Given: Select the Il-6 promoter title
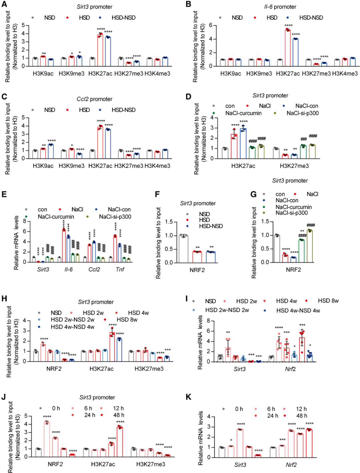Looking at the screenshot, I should tap(280, 7).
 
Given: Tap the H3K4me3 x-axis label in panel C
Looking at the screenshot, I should tap(157, 166).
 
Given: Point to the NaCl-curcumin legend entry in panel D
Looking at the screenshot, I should tap(243, 113).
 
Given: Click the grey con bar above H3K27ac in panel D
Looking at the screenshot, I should tap(225, 153).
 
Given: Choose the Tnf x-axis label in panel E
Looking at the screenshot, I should tap(120, 269).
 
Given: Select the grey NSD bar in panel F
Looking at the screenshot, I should tap(183, 249).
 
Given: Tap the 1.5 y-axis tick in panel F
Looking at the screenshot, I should tap(169, 222).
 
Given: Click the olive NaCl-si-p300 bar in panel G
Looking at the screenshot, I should tap(310, 246).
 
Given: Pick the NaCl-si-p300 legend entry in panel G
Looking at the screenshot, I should tap(291, 213).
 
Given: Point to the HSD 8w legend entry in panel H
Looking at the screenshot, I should tap(127, 320).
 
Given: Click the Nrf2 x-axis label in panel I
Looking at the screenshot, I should tap(290, 369).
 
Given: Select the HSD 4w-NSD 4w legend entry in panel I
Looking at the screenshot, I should tap(298, 311).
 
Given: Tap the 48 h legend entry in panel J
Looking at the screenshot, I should tap(119, 415).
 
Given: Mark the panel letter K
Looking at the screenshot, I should tap(188, 397).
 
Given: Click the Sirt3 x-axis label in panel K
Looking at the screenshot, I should tap(240, 465).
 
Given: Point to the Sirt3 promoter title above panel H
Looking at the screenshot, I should tap(96, 302).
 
